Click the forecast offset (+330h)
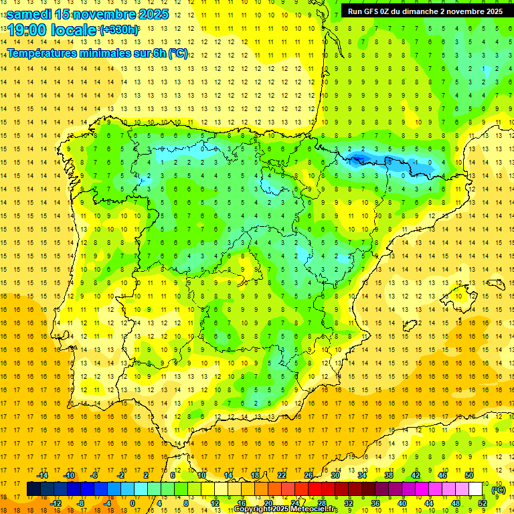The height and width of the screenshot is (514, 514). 120,30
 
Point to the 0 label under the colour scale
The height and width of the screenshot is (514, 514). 133,503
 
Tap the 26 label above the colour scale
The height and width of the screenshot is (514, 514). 309,475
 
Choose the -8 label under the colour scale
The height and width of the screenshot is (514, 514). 81,503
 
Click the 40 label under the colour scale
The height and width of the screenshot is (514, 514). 402,503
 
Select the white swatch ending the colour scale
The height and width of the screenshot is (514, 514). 476,489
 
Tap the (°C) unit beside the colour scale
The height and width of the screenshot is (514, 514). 499,489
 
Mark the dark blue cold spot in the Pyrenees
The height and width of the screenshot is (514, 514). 358,158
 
